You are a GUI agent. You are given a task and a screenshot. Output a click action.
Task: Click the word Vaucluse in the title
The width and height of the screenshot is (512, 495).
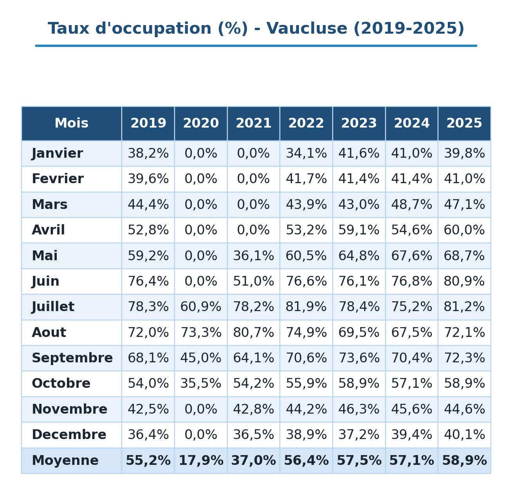coord(306,29)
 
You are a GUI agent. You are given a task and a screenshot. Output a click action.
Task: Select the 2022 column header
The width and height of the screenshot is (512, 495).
coord(306,123)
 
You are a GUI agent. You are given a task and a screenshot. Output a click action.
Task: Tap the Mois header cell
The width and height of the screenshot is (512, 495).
coord(71,123)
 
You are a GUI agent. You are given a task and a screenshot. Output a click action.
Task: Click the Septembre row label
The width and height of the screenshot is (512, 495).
coord(72,358)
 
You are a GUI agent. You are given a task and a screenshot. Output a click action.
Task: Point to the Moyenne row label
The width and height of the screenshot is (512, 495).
coord(65,460)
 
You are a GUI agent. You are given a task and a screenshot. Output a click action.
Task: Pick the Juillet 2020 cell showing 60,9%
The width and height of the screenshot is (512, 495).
coord(201,307)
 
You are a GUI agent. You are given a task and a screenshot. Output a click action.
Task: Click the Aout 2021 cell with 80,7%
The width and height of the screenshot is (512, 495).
coord(253,332)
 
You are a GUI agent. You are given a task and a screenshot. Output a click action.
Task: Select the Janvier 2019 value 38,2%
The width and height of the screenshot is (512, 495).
coord(148,153)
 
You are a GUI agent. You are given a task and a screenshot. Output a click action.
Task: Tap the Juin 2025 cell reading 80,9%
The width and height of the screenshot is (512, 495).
coord(464,281)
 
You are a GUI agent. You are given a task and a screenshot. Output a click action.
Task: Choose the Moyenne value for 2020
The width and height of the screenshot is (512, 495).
coord(201,460)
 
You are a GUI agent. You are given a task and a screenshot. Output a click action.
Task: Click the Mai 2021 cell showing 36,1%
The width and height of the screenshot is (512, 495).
coord(253,256)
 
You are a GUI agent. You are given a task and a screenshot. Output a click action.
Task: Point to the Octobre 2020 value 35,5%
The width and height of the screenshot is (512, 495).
coord(201,383)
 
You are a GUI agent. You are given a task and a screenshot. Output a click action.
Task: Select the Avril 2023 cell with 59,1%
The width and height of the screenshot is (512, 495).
coord(359,230)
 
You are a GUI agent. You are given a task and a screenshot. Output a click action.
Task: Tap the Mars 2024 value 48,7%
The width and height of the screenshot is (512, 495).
coord(411,204)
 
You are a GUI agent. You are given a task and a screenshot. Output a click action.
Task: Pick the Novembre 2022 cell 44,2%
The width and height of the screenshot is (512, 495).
coord(306,409)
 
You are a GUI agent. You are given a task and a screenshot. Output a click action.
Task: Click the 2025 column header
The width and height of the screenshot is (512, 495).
coord(464,123)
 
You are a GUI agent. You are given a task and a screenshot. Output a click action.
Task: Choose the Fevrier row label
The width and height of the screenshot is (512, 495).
coord(58,179)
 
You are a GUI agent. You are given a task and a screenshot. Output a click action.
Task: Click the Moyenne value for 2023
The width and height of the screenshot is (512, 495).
coord(359,460)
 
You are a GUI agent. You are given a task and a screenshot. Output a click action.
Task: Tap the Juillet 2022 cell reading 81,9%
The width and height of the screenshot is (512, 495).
coord(306,307)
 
